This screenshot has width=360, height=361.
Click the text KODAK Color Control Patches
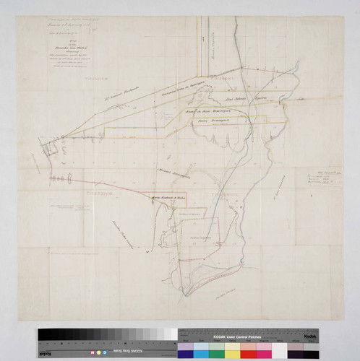[239, 337]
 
